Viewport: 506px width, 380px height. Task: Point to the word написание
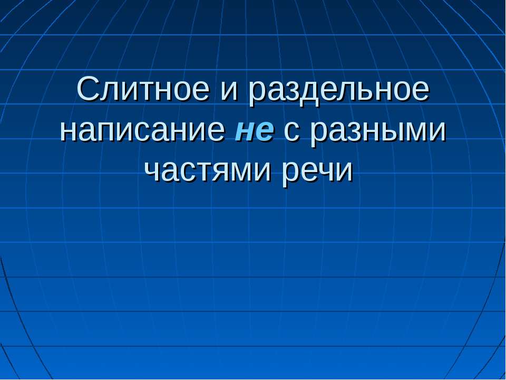click(x=142, y=131)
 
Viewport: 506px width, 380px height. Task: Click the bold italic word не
click(x=254, y=131)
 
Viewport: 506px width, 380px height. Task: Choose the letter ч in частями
click(x=153, y=172)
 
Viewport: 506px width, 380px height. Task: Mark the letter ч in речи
click(x=335, y=172)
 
